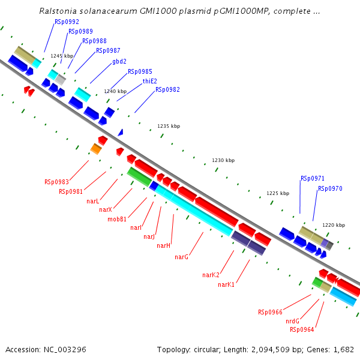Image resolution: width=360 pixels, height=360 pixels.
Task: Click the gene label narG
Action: click(x=182, y=257)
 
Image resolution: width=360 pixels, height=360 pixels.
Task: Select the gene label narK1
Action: click(x=226, y=284)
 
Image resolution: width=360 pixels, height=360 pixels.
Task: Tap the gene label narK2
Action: click(x=211, y=275)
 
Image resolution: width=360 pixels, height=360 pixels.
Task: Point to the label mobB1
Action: click(x=117, y=219)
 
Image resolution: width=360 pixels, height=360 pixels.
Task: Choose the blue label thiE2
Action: click(x=149, y=81)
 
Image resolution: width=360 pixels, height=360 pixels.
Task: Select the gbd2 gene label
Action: click(x=119, y=61)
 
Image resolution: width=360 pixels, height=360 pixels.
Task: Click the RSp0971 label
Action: click(x=313, y=178)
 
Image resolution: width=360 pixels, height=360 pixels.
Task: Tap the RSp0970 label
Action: click(x=330, y=188)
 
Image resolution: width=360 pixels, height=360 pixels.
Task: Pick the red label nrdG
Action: click(x=292, y=321)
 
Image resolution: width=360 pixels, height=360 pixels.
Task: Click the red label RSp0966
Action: click(x=270, y=312)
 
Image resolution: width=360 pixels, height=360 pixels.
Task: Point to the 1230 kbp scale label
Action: click(x=223, y=161)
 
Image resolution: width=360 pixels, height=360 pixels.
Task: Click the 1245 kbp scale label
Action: click(x=62, y=56)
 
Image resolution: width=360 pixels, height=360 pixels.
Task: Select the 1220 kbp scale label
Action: click(x=334, y=225)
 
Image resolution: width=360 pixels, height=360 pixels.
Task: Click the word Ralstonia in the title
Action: click(x=57, y=11)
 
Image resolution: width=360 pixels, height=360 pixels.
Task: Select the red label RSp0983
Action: click(x=56, y=182)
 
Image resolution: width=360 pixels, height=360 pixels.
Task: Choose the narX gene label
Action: click(x=106, y=209)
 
